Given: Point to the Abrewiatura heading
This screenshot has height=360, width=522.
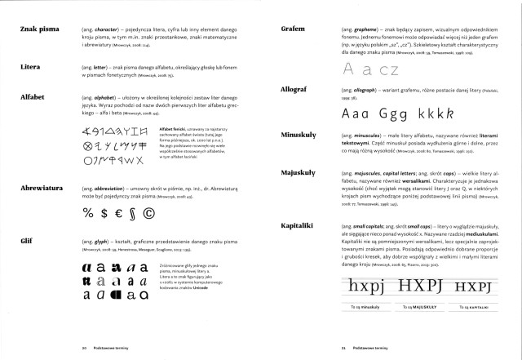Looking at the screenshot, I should [x=38, y=189].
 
